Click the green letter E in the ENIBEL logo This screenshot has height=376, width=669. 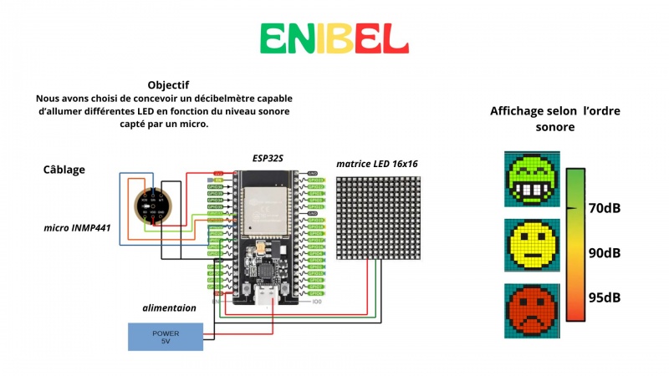pyautogui.click(x=275, y=38)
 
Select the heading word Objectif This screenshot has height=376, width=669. pyautogui.click(x=168, y=85)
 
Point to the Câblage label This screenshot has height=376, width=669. pyautogui.click(x=64, y=170)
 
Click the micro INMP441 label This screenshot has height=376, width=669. pyautogui.click(x=78, y=227)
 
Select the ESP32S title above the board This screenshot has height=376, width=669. pyautogui.click(x=269, y=158)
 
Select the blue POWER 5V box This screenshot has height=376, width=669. pyautogui.click(x=165, y=337)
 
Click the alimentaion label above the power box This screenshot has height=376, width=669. pyautogui.click(x=169, y=307)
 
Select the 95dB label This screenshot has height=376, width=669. pyautogui.click(x=604, y=297)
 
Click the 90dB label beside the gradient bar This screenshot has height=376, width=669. pyautogui.click(x=604, y=252)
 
